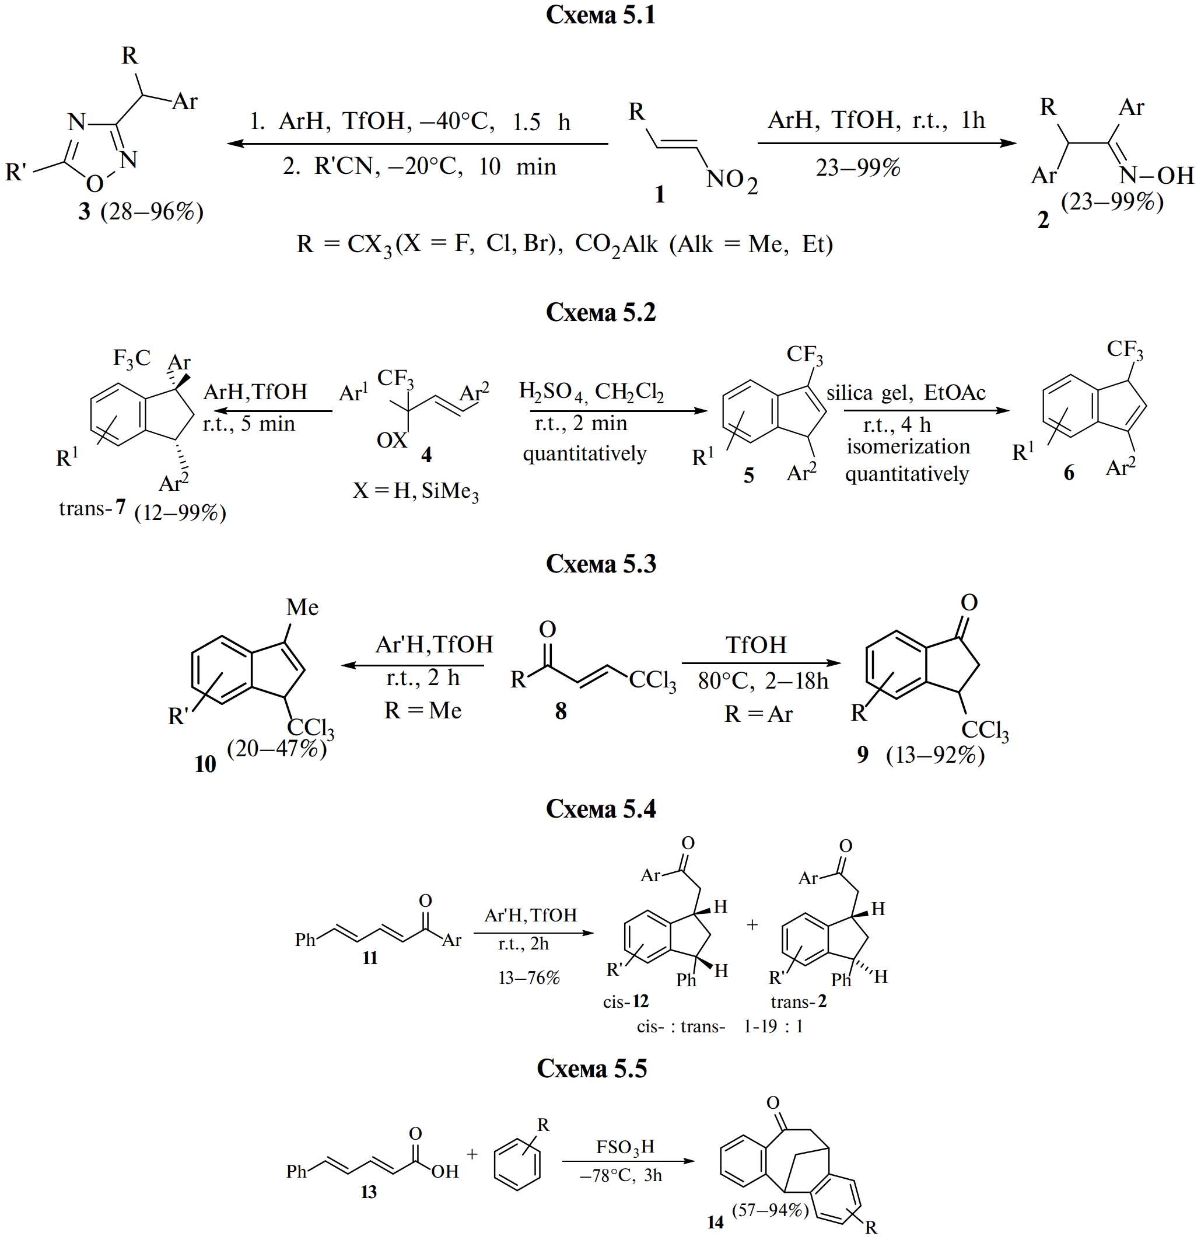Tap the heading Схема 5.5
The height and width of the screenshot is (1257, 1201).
pyautogui.click(x=591, y=1069)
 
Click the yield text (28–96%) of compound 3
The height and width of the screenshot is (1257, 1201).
pyautogui.click(x=152, y=211)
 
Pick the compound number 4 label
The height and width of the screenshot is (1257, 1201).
pyautogui.click(x=426, y=455)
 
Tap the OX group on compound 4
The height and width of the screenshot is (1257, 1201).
pyautogui.click(x=392, y=440)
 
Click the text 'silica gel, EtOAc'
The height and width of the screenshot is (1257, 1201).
pyautogui.click(x=905, y=393)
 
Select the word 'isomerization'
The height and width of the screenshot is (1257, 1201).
pyautogui.click(x=908, y=446)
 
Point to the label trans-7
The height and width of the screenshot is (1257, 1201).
pyautogui.click(x=92, y=508)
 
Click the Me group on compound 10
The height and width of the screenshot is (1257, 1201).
pyautogui.click(x=302, y=607)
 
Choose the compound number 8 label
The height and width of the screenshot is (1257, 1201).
pyautogui.click(x=561, y=710)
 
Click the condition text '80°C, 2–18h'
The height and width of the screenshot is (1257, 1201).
pyautogui.click(x=762, y=680)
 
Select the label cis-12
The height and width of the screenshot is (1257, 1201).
pyautogui.click(x=625, y=1001)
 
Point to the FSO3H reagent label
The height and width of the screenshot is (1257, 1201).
pyautogui.click(x=625, y=1147)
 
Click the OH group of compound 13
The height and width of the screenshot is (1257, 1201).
pyautogui.click(x=444, y=1171)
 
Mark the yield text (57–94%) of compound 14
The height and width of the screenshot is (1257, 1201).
pyautogui.click(x=770, y=1210)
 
